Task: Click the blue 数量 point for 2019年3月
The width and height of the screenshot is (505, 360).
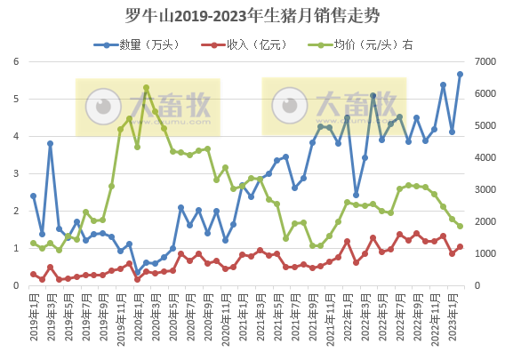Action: pyautogui.click(x=51, y=143)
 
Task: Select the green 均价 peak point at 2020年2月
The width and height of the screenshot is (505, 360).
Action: pyautogui.click(x=146, y=88)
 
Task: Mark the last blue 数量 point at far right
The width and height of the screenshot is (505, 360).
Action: pyautogui.click(x=461, y=74)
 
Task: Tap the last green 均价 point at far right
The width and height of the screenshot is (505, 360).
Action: pyautogui.click(x=461, y=226)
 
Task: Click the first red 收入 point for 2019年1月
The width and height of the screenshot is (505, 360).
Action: pyautogui.click(x=33, y=275)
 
